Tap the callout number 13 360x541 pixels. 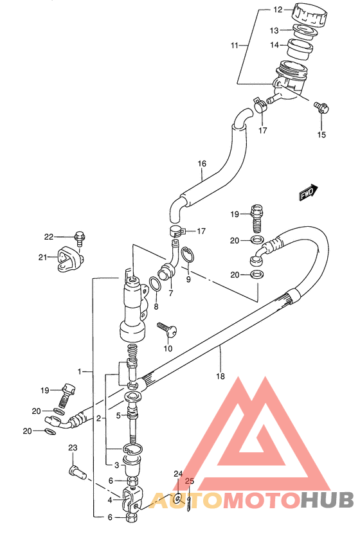(274, 31)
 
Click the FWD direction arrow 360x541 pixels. (308, 192)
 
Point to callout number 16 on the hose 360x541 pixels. (202, 163)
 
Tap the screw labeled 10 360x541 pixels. (167, 329)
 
